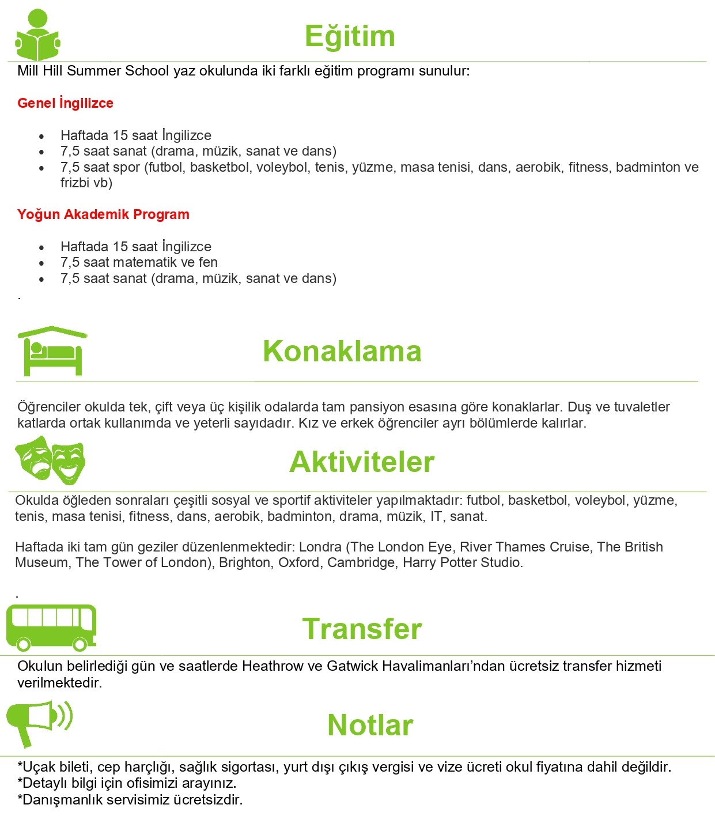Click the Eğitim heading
[x=350, y=36]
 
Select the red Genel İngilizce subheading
[x=65, y=103]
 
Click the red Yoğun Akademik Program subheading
[x=103, y=214]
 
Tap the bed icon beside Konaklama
[x=52, y=351]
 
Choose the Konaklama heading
[x=342, y=351]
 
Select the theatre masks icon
[x=50, y=460]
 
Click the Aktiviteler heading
[x=362, y=462]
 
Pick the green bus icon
[x=51, y=628]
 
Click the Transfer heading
[x=362, y=629]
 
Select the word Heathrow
[x=273, y=666]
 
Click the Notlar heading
[x=370, y=725]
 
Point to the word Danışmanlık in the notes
[x=60, y=800]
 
